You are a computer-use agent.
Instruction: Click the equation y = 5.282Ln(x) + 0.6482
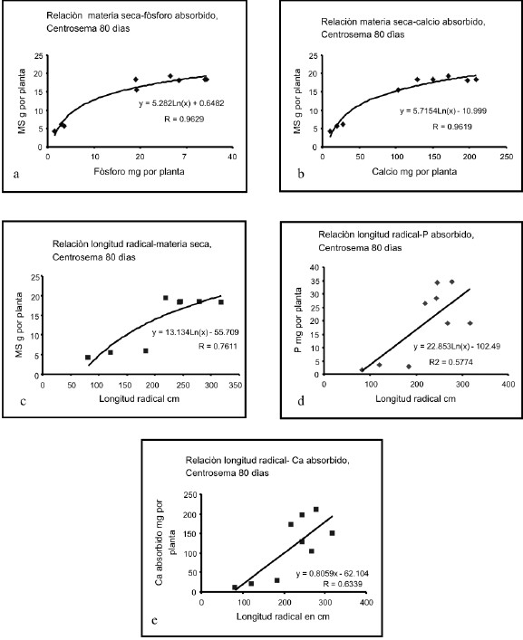181,103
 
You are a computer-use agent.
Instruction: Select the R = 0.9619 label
452,127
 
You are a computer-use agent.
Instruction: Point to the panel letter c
23,401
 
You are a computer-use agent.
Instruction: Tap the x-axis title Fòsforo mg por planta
139,171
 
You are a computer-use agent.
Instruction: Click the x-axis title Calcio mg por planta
414,171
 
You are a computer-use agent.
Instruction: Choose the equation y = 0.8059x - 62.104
332,574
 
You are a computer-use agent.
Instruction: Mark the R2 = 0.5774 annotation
451,361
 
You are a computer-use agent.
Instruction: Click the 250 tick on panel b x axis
507,157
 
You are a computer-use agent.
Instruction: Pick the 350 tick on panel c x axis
236,386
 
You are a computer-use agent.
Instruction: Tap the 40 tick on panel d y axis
315,267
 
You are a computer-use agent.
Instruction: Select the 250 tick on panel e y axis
191,494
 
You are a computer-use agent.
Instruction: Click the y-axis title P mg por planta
298,320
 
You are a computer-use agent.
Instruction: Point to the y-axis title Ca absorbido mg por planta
165,542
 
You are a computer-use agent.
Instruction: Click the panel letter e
154,620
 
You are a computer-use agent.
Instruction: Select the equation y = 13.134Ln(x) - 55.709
195,332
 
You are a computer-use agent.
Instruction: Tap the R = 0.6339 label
343,584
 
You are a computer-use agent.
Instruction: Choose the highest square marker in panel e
315,510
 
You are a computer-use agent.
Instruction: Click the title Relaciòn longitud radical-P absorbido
396,234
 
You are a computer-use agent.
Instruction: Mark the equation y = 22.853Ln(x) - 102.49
457,347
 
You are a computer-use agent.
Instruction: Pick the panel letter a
16,175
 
